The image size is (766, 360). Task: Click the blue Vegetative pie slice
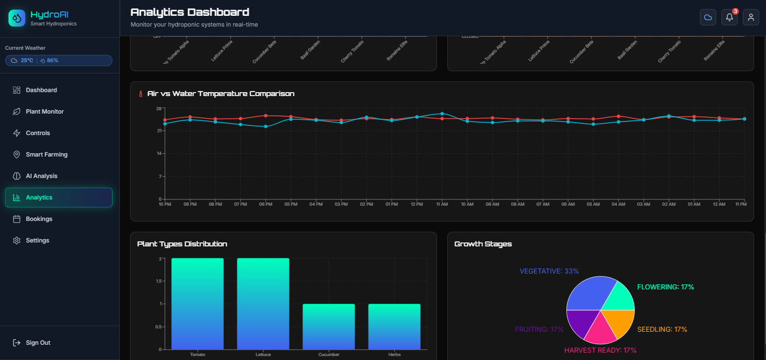[588, 294]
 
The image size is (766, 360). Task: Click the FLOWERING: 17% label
[665, 287]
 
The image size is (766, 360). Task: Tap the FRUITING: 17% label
[539, 329]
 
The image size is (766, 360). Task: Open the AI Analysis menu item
[41, 176]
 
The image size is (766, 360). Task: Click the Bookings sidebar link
[38, 219]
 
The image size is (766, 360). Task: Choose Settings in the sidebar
[37, 240]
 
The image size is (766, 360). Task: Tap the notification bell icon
[729, 18]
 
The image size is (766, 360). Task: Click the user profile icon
[751, 18]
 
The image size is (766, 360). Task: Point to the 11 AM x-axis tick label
[442, 204]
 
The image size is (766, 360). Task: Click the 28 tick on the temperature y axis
[159, 109]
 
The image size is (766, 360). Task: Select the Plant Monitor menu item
[45, 111]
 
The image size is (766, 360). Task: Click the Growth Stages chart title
[483, 244]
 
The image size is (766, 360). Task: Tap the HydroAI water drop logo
[17, 18]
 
